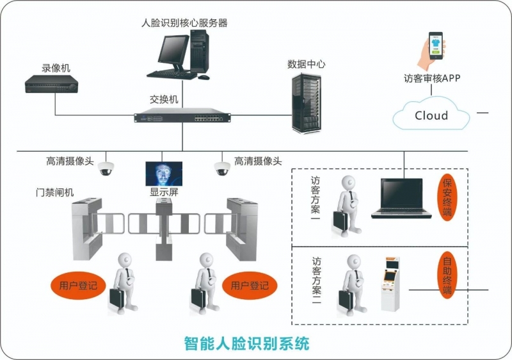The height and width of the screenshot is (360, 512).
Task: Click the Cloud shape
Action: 431,115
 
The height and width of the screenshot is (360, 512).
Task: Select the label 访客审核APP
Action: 432,79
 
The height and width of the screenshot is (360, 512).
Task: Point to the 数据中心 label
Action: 306,64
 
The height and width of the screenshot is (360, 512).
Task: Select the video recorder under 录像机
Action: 52,84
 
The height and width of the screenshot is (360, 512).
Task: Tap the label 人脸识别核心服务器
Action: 184,23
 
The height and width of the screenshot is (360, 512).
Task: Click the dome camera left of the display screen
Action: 106,168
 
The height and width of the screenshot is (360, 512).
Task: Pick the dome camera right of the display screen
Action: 221,168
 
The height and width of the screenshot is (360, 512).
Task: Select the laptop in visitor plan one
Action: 401,199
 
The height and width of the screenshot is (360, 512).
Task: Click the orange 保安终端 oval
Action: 447,198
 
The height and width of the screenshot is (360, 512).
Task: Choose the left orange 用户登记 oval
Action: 78,285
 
